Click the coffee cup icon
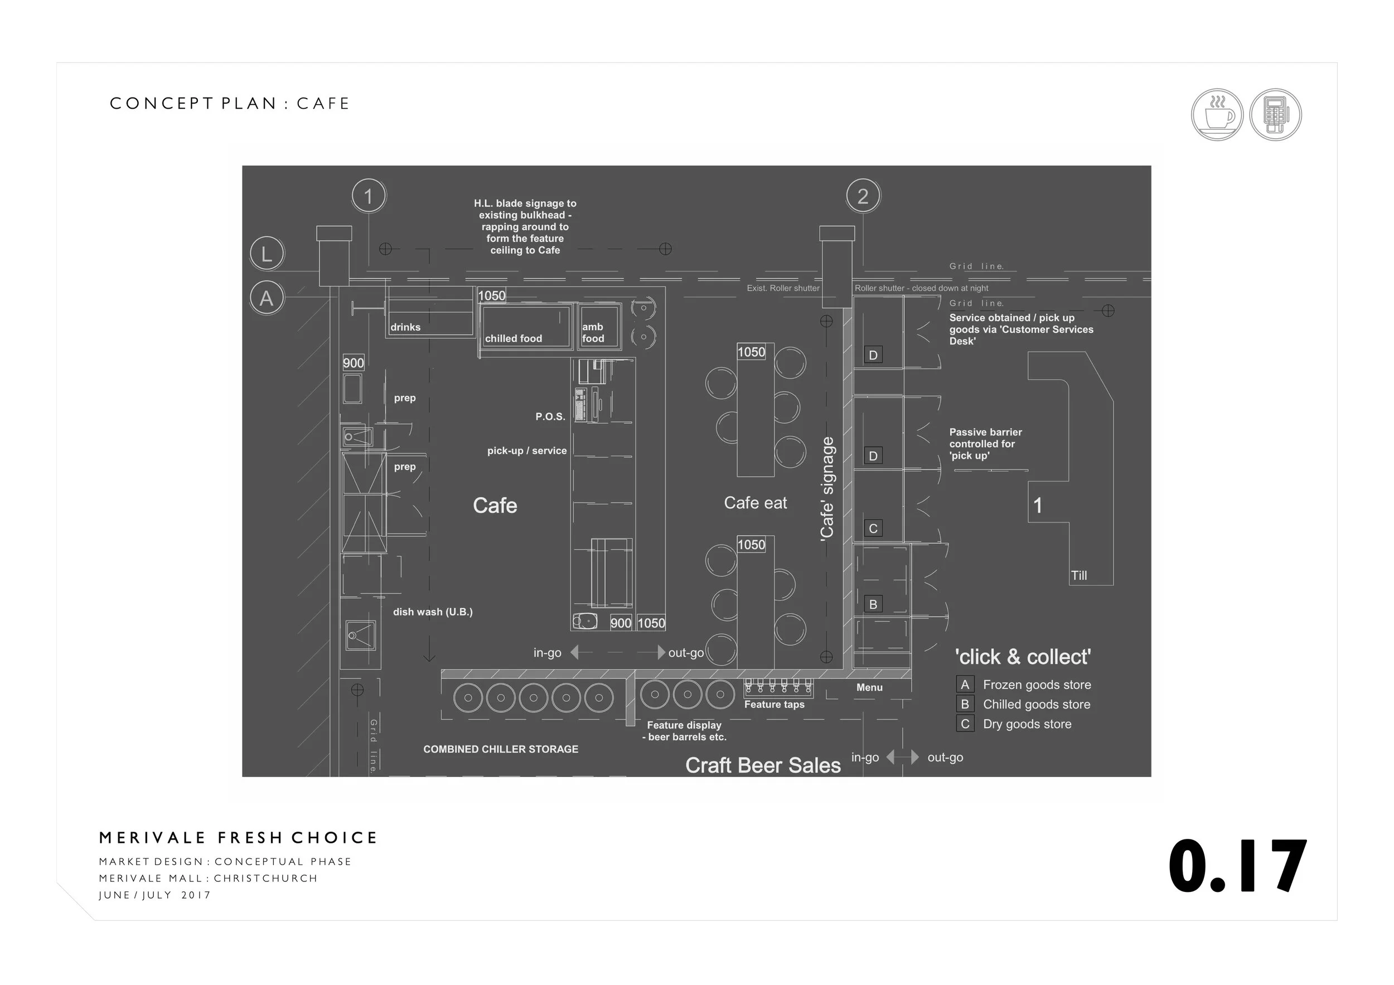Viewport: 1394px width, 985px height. [1217, 115]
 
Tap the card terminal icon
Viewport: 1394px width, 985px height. [1275, 115]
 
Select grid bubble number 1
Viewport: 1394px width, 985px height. [369, 196]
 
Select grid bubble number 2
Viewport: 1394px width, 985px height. [863, 196]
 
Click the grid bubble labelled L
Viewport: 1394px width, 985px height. [267, 254]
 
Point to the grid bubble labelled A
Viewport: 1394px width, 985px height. [267, 299]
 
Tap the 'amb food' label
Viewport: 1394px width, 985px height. [593, 333]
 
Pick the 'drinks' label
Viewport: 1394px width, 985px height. [405, 327]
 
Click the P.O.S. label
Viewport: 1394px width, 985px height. [550, 416]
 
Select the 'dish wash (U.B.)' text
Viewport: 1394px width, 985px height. [432, 612]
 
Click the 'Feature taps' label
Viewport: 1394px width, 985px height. [774, 705]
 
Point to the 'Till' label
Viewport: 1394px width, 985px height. [1079, 575]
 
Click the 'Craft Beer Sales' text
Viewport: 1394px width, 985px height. [763, 765]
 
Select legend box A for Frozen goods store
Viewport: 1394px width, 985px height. [965, 685]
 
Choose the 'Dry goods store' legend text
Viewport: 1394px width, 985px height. [1027, 724]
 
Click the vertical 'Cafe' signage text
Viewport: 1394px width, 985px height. [827, 488]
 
